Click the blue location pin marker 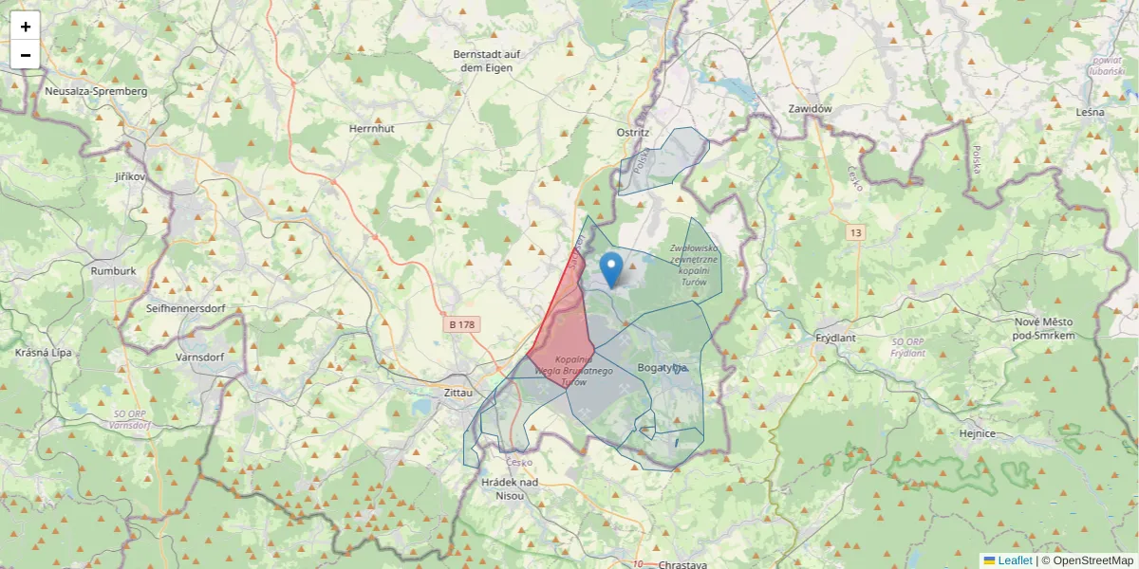point(613,268)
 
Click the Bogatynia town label point(663,367)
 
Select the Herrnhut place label point(371,127)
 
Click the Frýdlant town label point(836,338)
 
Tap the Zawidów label point(810,108)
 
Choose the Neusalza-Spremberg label point(96,91)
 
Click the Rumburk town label point(114,270)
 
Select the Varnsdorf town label point(199,358)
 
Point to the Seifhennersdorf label point(191,308)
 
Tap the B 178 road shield point(462,324)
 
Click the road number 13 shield point(857,232)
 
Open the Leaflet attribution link point(1015,560)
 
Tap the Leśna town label point(1091,112)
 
